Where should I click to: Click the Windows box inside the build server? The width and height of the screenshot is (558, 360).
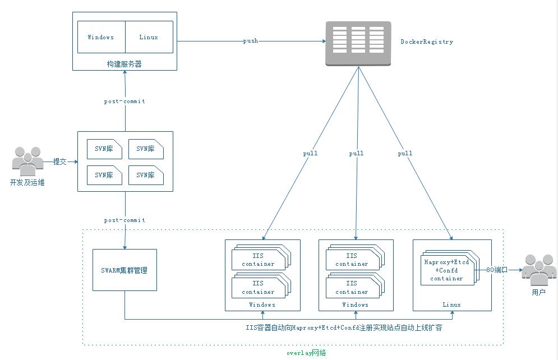point(101,38)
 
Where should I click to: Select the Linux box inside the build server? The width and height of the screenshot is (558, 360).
point(149,38)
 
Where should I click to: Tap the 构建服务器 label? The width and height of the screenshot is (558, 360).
point(124,64)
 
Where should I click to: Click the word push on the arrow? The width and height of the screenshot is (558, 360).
point(251,41)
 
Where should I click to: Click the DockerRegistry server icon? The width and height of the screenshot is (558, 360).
point(358,44)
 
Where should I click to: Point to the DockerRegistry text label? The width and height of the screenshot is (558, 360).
point(427,42)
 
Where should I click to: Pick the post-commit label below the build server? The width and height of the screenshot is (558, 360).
point(124,101)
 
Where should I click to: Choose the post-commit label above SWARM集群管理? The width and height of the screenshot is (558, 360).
point(124,220)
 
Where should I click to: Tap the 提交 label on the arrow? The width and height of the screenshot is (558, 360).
point(60,161)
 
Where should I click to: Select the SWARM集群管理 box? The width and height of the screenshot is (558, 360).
point(124,270)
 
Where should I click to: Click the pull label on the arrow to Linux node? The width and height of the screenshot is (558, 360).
point(405,153)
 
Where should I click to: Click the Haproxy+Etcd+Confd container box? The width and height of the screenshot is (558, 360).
point(446,270)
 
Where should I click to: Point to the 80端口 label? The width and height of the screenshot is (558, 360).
point(497,270)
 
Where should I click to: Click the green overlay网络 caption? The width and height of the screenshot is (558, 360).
point(306,353)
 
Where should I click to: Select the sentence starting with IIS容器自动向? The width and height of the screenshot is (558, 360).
point(344,327)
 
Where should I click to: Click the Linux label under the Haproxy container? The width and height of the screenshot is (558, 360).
point(451,304)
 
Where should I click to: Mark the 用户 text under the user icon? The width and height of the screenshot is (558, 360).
point(538,292)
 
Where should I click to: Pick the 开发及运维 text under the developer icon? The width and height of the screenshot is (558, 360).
point(27,182)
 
